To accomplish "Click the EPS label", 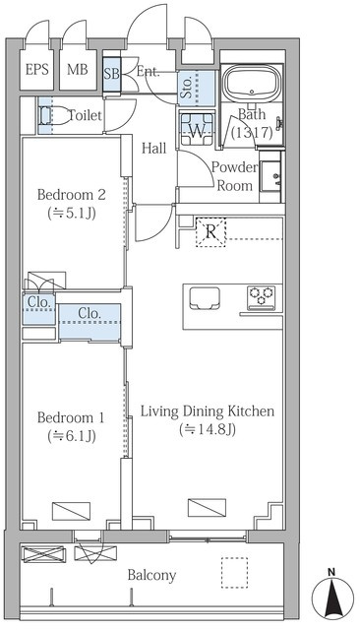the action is [37, 70].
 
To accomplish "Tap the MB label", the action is [78, 70].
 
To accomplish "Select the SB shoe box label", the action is [111, 75].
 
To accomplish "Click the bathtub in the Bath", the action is [252, 84].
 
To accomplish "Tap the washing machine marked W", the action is [197, 129].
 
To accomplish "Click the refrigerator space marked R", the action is [210, 232].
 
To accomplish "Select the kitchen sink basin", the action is [205, 298].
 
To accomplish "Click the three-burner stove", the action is [262, 297].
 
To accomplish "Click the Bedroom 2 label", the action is [72, 195].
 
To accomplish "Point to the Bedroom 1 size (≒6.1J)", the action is [72, 435].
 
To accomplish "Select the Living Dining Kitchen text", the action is [208, 411].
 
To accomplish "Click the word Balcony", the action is [151, 575].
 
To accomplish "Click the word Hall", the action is [154, 149].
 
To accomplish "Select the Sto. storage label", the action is [187, 88].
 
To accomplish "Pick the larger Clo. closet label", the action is [90, 313].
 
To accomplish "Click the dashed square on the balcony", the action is [234, 573].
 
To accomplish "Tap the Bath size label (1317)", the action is [252, 132].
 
